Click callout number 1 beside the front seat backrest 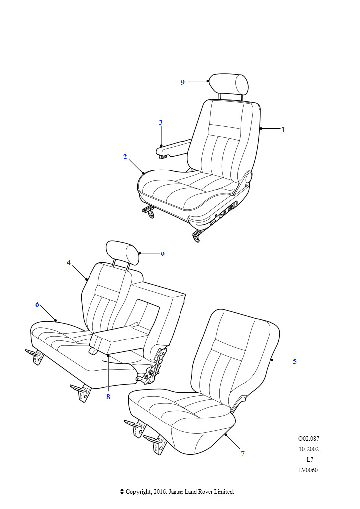pos(283,130)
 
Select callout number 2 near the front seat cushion pos(125,157)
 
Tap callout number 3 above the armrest pos(161,122)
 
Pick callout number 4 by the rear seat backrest pos(69,262)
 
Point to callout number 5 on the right pos(295,361)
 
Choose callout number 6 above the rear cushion pos(37,304)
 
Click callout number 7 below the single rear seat pos(243,454)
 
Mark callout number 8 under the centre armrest pos(108,397)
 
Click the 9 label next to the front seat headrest pos(183,82)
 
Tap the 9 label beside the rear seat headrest pos(162,254)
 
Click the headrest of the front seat pos(229,84)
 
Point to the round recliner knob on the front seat pos(249,177)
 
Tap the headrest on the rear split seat pos(123,253)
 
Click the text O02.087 pos(308,439)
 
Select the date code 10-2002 pos(308,449)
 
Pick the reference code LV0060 pos(308,470)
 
